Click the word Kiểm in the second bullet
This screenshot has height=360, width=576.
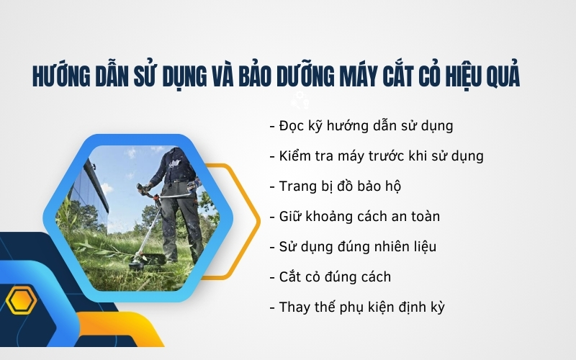(297, 156)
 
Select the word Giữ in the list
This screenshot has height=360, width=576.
(291, 216)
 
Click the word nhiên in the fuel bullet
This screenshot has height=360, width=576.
(376, 246)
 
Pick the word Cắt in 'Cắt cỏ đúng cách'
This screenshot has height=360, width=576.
(291, 276)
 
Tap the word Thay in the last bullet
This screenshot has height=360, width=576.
(295, 307)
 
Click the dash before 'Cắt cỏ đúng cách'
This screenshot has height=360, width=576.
(271, 276)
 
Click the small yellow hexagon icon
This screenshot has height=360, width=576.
(21, 300)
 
